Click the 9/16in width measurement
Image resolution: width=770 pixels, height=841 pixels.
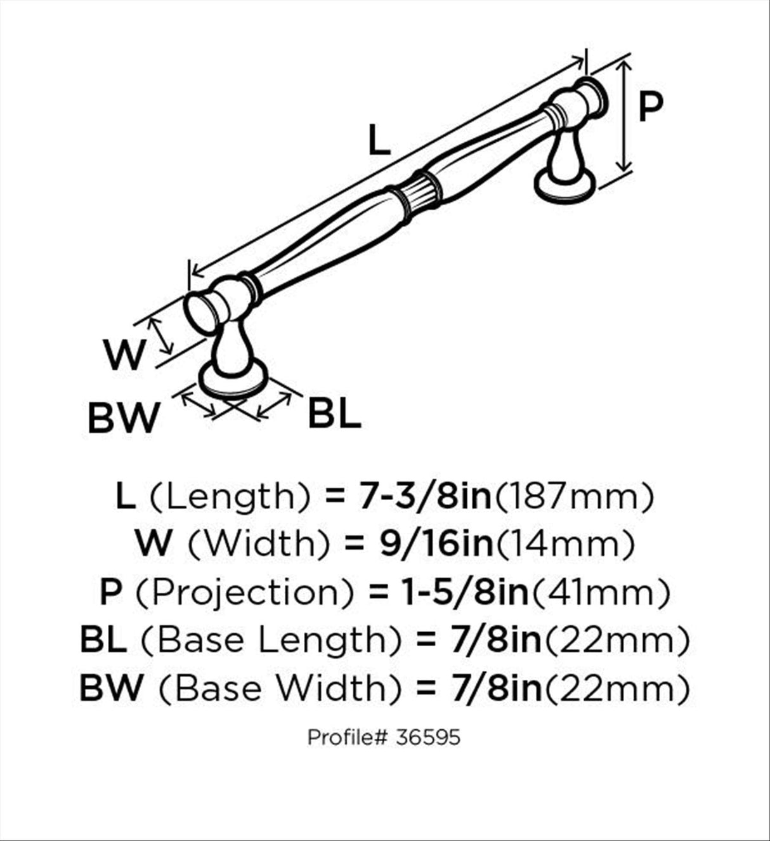point(436,544)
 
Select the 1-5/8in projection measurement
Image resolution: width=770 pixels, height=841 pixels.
point(465,592)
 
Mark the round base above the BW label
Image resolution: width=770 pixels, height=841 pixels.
point(233,378)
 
